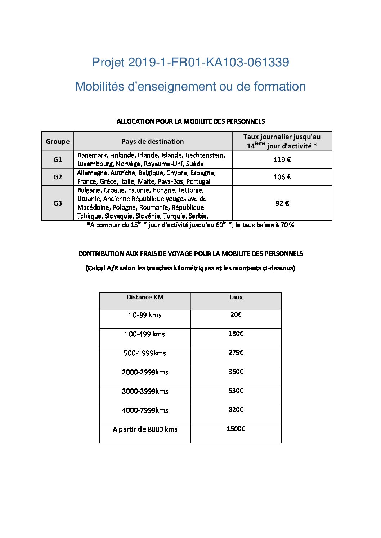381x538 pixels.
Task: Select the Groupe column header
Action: (x=58, y=141)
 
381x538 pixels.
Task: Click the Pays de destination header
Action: (x=153, y=141)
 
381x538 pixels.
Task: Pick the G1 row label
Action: (x=58, y=160)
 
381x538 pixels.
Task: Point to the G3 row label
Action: (x=58, y=203)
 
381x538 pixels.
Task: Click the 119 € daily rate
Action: (x=282, y=160)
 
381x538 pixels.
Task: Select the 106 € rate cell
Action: (x=282, y=177)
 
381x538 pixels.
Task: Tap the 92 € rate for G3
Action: (x=282, y=203)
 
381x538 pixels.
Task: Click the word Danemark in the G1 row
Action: (x=92, y=155)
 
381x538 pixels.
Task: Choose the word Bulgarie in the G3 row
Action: (x=89, y=190)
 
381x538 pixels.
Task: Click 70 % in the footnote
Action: (x=287, y=225)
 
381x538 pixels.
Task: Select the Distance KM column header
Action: (x=145, y=297)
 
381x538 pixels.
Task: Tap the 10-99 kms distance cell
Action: (x=145, y=315)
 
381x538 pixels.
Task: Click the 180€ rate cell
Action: (x=236, y=334)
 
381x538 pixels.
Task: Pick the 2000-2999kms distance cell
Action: (x=145, y=372)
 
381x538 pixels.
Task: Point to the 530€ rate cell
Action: (x=236, y=391)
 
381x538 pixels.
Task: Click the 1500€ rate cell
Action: (x=236, y=429)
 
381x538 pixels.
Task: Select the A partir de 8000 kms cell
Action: (x=145, y=429)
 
